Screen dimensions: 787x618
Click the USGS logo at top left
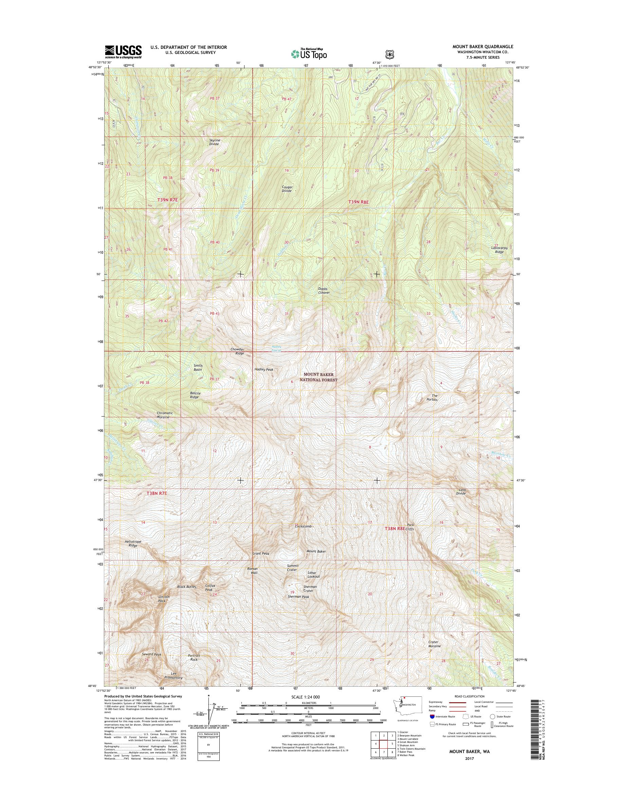(x=123, y=52)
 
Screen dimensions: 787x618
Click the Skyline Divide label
(x=214, y=142)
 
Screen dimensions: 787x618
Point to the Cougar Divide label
(x=287, y=189)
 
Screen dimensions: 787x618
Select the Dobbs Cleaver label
(x=324, y=291)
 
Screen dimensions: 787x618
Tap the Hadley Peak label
(x=264, y=370)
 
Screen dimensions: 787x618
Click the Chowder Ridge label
(x=237, y=351)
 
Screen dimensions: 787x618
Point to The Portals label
(x=432, y=397)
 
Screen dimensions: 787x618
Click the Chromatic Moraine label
(x=165, y=415)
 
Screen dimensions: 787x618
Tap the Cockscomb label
(x=303, y=526)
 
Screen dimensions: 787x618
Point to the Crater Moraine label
(x=434, y=644)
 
